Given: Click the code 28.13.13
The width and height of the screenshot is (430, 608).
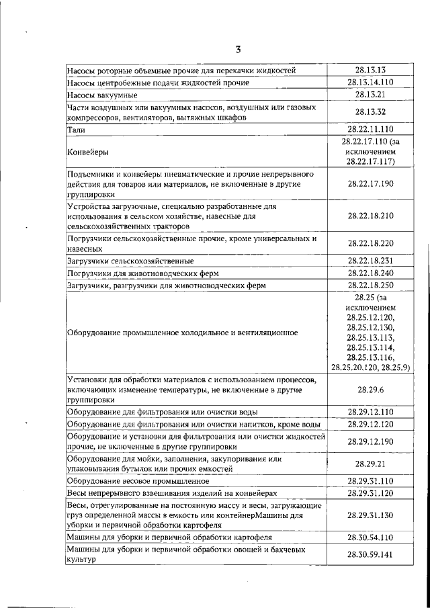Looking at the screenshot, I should coord(370,70).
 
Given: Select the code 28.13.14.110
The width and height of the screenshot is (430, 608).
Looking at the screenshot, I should coord(370,83).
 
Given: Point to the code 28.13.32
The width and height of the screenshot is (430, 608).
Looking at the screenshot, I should coord(370,112).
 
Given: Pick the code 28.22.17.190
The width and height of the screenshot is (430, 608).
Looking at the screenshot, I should coord(370,183).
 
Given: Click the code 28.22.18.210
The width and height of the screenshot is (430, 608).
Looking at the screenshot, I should coord(370,216).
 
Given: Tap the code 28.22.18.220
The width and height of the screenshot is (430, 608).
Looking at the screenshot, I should coord(370,243).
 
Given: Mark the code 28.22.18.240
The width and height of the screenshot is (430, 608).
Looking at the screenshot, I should coord(370,273).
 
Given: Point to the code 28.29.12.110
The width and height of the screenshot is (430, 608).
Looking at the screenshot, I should coord(370,411).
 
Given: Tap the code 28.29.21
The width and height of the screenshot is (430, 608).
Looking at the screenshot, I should coord(370,464).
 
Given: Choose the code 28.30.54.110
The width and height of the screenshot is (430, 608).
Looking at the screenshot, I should coord(370,537).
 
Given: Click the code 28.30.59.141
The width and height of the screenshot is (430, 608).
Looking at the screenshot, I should coord(370,555).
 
